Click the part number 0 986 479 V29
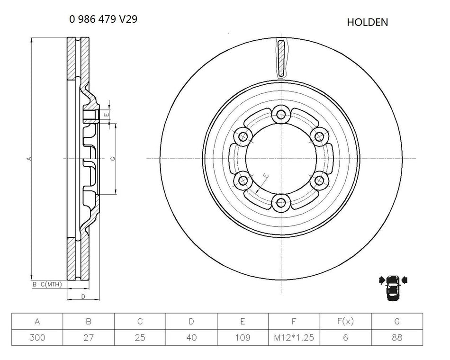[x=104, y=19]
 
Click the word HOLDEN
[x=367, y=22]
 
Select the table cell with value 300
[x=37, y=337]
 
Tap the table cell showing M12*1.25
[x=294, y=337]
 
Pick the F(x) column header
[x=345, y=322]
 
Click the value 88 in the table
[x=396, y=337]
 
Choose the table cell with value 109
[x=243, y=337]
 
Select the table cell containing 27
[x=89, y=337]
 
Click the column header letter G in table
[x=396, y=322]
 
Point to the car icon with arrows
[x=393, y=286]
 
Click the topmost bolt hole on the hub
[x=281, y=114]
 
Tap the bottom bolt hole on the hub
[x=281, y=203]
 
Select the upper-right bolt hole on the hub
[x=320, y=136]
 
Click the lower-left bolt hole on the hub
[x=243, y=180]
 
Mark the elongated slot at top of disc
[x=281, y=58]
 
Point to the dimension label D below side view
[x=83, y=297]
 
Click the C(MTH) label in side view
[x=51, y=284]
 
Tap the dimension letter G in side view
[x=112, y=159]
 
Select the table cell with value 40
[x=191, y=337]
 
